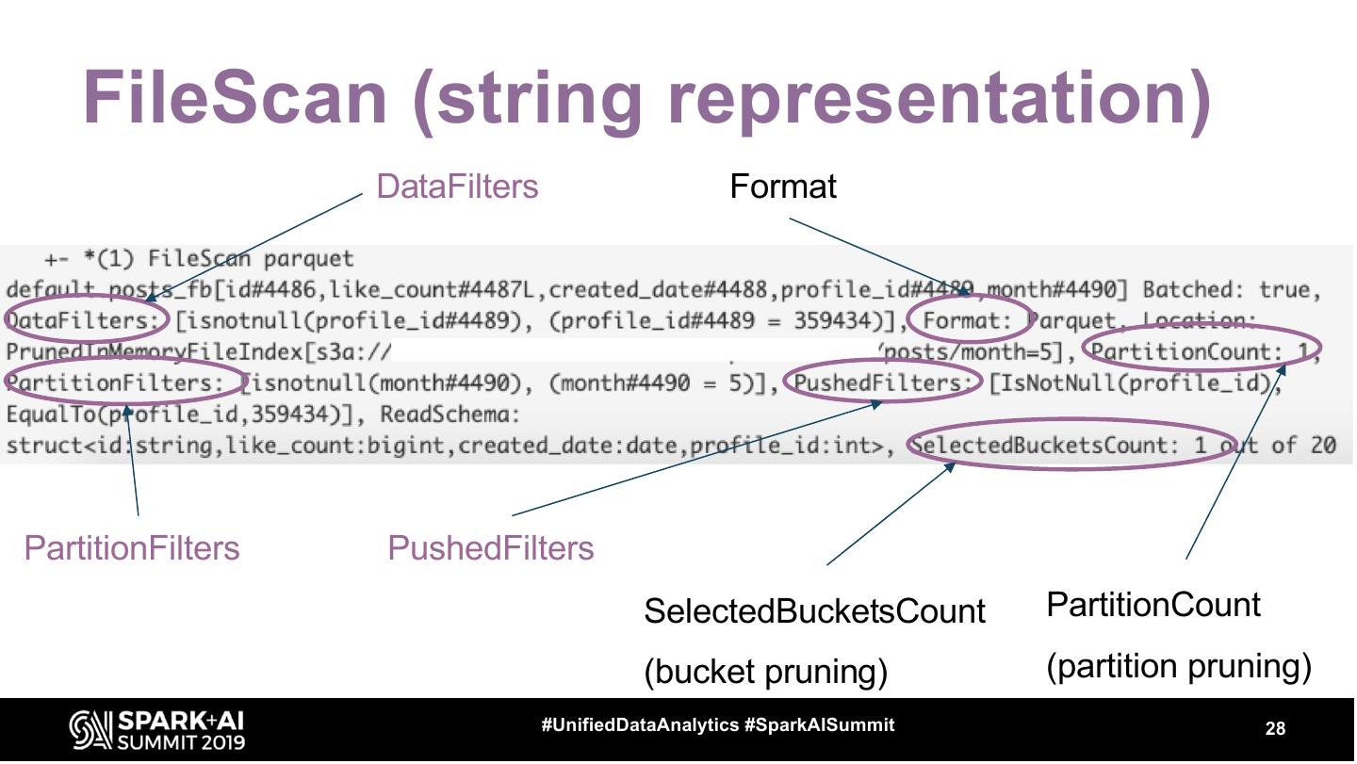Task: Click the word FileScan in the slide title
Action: (236, 98)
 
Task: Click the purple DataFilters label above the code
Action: (457, 187)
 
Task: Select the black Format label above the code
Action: (783, 187)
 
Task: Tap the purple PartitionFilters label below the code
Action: (132, 548)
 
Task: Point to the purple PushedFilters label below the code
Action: (490, 548)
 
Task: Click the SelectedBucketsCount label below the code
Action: (814, 611)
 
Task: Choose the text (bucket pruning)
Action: (765, 672)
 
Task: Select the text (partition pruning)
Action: (1178, 666)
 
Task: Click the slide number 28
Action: (1275, 728)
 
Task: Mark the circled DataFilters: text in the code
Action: (85, 321)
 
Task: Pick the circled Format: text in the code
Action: (967, 321)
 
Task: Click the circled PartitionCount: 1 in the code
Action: (1202, 352)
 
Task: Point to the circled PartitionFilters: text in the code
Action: (112, 383)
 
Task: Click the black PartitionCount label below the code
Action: (1153, 605)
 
